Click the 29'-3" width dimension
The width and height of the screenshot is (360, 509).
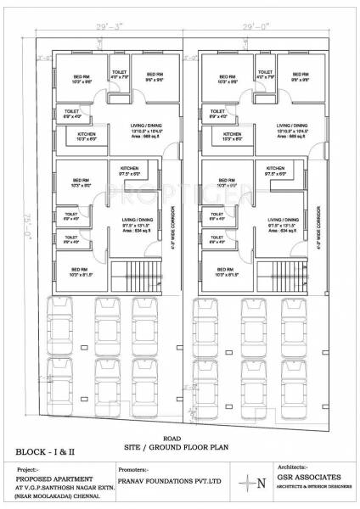point(105,28)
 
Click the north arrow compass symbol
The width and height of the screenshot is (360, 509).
point(249,483)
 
